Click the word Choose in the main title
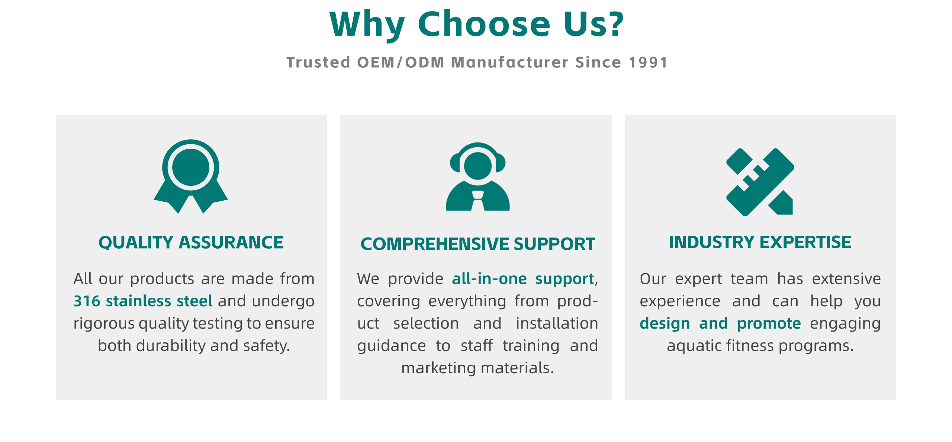(x=484, y=24)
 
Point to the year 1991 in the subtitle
(x=649, y=62)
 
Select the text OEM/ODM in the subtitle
(x=401, y=62)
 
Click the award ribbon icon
(x=191, y=176)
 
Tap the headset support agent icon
(x=478, y=177)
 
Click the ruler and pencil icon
(x=760, y=182)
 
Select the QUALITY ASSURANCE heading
(x=191, y=242)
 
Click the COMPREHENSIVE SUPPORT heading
(x=478, y=244)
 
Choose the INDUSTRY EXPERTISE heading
(x=760, y=242)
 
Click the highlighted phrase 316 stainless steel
(x=143, y=301)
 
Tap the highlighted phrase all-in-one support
(x=523, y=279)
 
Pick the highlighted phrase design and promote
(x=720, y=323)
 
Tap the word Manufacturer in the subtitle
(x=510, y=62)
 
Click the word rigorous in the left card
(x=104, y=323)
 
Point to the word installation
(x=557, y=323)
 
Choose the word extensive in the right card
(x=846, y=279)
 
